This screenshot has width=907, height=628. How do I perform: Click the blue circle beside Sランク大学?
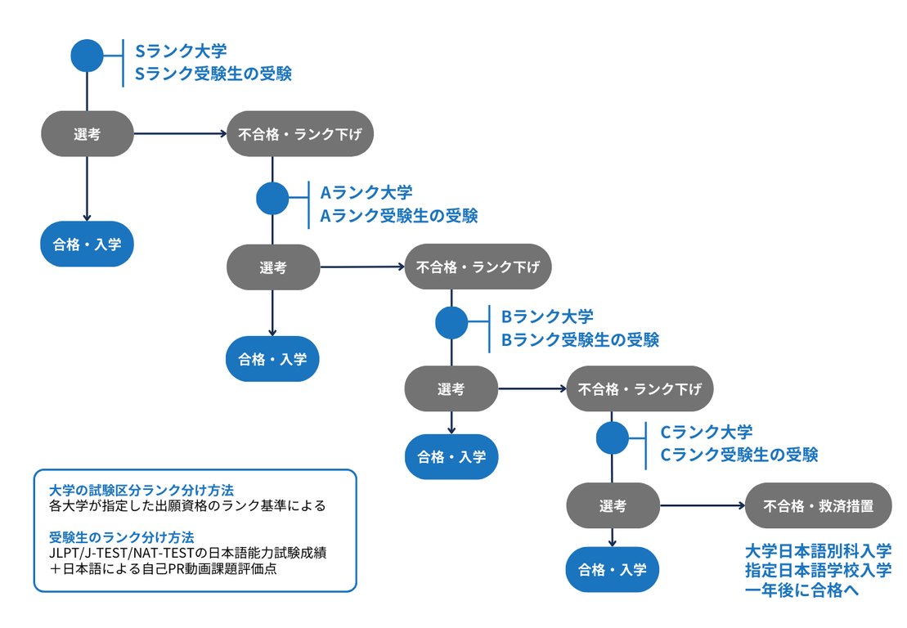[88, 56]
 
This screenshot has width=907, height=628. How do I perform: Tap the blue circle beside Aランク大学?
[272, 198]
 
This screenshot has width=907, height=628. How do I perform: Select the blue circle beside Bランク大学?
[451, 322]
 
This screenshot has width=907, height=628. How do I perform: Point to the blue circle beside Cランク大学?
[613, 437]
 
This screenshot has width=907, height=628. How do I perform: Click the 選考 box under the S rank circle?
[88, 133]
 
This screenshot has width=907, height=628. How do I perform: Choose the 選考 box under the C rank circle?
[613, 505]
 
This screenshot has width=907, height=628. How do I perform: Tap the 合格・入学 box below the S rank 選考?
[87, 243]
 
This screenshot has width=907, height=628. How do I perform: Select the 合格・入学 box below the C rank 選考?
[613, 569]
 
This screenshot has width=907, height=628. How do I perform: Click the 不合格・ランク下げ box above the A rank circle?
[300, 133]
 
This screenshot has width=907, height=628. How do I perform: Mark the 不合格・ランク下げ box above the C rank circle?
[640, 388]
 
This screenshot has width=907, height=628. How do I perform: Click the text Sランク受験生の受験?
[213, 74]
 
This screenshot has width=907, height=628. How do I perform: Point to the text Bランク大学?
[547, 316]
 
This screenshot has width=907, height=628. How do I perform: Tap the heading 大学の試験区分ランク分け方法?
[141, 490]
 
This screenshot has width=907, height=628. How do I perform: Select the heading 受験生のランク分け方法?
[121, 537]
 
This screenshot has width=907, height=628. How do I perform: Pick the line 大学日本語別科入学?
[818, 550]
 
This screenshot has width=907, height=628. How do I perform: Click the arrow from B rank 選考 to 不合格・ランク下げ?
[532, 388]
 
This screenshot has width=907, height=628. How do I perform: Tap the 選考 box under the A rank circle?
[272, 267]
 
